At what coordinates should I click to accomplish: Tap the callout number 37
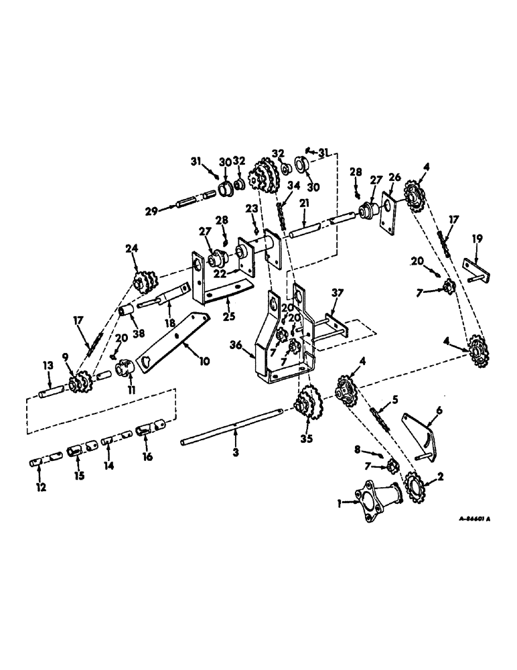[336, 291]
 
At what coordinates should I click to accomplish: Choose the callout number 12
[41, 487]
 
